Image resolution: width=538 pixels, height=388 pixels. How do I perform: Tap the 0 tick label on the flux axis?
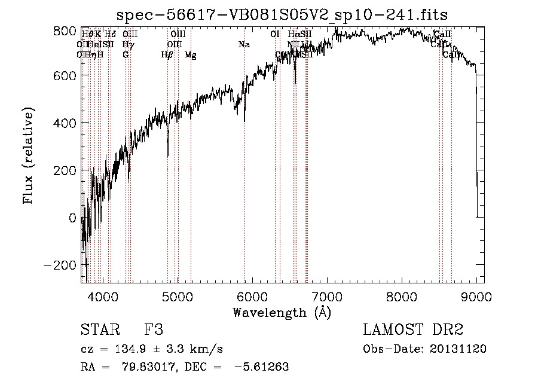[x=72, y=218]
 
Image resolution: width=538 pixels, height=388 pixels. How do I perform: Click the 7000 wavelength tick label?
[x=327, y=295]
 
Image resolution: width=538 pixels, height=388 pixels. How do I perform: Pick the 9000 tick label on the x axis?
[x=476, y=295]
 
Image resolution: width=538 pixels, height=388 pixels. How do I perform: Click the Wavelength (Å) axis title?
[x=282, y=312]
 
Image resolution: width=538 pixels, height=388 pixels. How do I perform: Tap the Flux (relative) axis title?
[x=28, y=155]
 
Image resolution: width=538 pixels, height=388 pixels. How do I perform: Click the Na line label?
[x=244, y=44]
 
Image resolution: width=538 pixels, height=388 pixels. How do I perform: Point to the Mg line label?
[x=191, y=55]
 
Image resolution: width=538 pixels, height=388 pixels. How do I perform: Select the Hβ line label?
[x=167, y=55]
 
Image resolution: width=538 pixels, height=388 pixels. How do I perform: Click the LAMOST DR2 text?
[x=413, y=331]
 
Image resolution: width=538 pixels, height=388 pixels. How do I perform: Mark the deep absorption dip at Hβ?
[x=167, y=154]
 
